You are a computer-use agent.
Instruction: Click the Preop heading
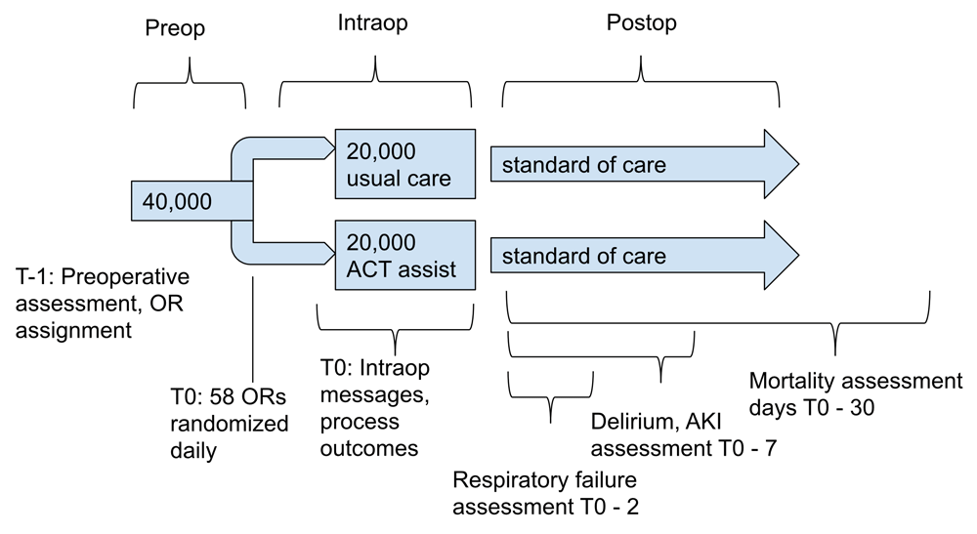tap(175, 28)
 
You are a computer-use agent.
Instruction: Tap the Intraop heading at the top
tap(372, 23)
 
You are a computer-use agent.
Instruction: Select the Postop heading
tap(642, 23)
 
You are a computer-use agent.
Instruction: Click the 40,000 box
tap(191, 201)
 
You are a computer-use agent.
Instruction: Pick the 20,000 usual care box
tap(405, 164)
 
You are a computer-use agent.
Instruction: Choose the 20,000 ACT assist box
tap(405, 255)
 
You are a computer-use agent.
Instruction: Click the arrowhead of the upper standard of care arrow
tap(782, 164)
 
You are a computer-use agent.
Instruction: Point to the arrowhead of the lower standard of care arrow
tap(782, 255)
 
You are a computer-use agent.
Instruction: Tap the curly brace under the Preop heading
tap(190, 82)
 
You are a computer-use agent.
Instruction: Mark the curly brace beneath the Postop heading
tap(641, 81)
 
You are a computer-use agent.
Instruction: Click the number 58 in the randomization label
tap(221, 397)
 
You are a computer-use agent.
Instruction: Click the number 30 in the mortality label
tap(863, 408)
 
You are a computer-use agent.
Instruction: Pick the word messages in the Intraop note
tap(374, 395)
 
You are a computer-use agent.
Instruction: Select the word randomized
tap(230, 424)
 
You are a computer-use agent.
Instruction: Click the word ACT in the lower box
tap(363, 269)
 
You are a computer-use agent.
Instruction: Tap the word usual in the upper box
tap(369, 179)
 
